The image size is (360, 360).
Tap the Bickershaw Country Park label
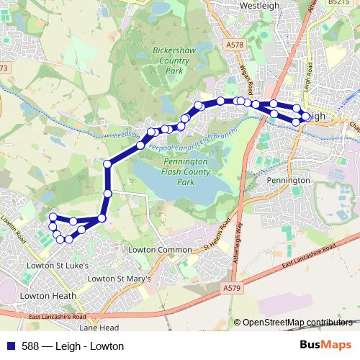(170, 61)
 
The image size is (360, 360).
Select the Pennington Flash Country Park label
(186, 173)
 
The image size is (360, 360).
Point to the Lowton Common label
(160, 250)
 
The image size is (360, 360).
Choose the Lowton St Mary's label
(123, 278)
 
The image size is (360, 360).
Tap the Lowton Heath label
(44, 295)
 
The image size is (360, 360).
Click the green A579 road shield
(230, 288)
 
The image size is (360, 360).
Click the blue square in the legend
(9, 346)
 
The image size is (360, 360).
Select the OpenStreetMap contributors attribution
(297, 323)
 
